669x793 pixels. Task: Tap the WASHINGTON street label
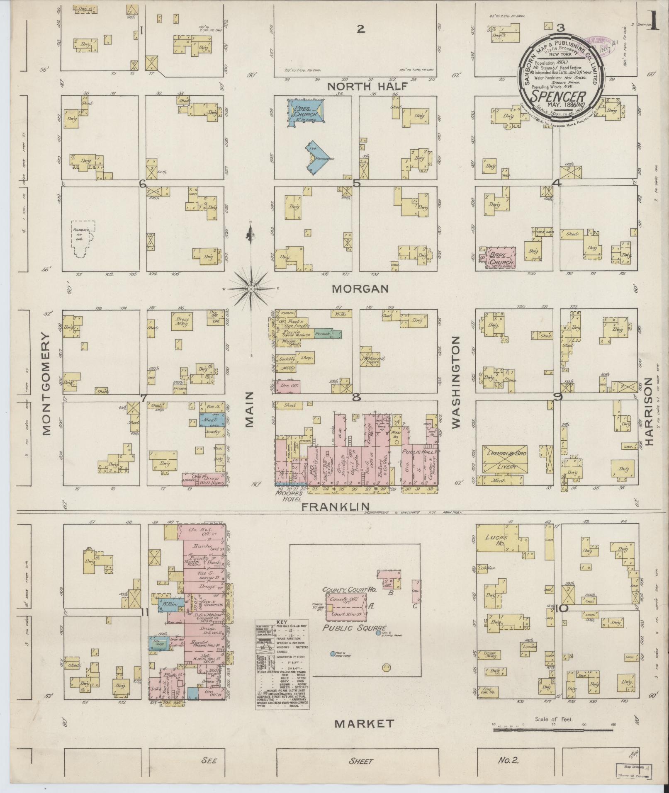click(456, 382)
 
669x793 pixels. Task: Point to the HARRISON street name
click(650, 410)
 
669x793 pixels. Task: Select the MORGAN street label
click(360, 289)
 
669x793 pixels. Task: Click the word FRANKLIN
click(335, 506)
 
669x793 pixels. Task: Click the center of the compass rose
click(251, 288)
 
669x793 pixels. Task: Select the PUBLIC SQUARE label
click(355, 640)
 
